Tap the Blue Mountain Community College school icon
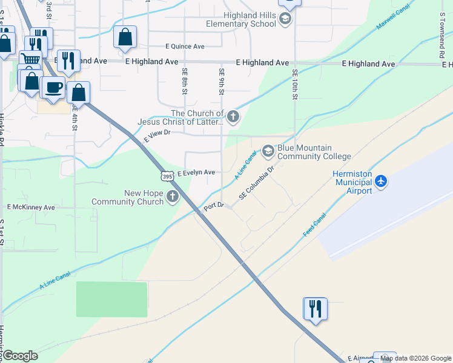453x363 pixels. (x=268, y=151)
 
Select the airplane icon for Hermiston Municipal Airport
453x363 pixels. (x=380, y=181)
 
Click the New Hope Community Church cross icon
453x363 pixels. (x=173, y=195)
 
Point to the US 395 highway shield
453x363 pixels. (x=168, y=175)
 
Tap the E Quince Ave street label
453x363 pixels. (x=185, y=46)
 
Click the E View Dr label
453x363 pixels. (x=155, y=139)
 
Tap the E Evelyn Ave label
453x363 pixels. (x=196, y=172)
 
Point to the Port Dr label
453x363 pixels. (x=214, y=206)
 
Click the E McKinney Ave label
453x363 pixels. (x=31, y=207)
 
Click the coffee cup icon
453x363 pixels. (x=53, y=87)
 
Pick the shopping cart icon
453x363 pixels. (x=30, y=59)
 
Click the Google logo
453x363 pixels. (x=20, y=355)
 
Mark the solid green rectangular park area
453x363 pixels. (x=111, y=299)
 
